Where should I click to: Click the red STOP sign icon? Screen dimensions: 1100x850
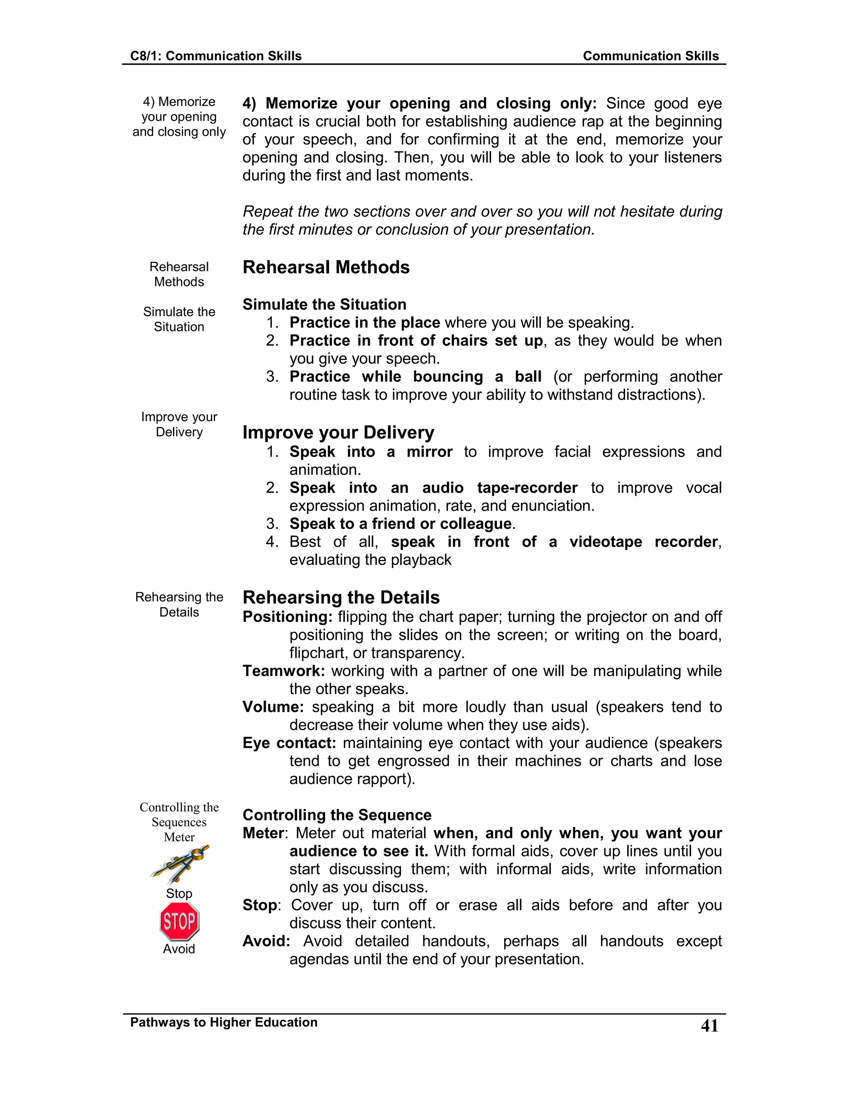pyautogui.click(x=179, y=921)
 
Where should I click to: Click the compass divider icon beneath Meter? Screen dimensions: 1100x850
pyautogui.click(x=179, y=864)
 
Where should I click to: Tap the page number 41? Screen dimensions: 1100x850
pyautogui.click(x=709, y=1026)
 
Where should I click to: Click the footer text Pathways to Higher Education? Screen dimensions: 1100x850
pyautogui.click(x=224, y=1022)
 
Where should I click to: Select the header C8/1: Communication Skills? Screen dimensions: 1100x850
pyautogui.click(x=215, y=56)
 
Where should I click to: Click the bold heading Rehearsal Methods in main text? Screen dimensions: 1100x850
pyautogui.click(x=326, y=267)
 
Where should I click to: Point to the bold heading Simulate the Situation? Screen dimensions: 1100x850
pyautogui.click(x=324, y=304)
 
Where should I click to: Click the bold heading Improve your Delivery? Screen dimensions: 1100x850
pyautogui.click(x=338, y=432)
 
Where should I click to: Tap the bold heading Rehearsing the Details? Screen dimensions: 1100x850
pyautogui.click(x=341, y=597)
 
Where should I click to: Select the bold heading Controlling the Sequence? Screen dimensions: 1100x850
pyautogui.click(x=337, y=815)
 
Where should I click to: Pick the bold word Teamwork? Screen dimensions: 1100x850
pyautogui.click(x=283, y=671)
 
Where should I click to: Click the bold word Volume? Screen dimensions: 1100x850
pyautogui.click(x=273, y=706)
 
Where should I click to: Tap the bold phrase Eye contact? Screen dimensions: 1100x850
pyautogui.click(x=289, y=743)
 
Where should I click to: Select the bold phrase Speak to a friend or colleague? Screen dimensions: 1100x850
pyautogui.click(x=401, y=524)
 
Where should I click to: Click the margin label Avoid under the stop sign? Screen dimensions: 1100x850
pyautogui.click(x=179, y=949)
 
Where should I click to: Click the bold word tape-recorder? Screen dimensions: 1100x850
pyautogui.click(x=527, y=488)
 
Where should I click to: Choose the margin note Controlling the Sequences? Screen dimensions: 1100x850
pyautogui.click(x=179, y=814)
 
